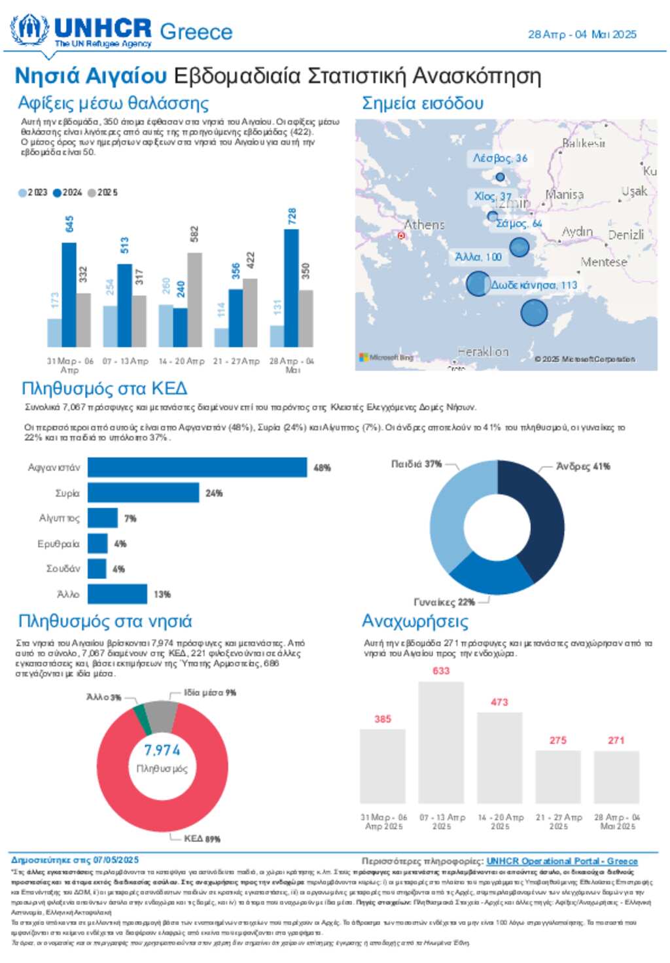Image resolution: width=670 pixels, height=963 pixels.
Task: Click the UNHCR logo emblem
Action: tap(29, 29)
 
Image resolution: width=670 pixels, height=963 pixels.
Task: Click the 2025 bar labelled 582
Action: tap(194, 300)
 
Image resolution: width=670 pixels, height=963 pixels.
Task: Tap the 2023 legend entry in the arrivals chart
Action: tap(33, 192)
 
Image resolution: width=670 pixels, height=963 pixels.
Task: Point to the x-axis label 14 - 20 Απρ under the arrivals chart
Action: tap(181, 361)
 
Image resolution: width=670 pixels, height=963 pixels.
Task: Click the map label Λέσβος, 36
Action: tap(500, 158)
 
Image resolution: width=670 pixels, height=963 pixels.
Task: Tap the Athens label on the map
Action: tap(424, 225)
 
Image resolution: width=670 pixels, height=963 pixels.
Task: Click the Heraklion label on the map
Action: tap(483, 352)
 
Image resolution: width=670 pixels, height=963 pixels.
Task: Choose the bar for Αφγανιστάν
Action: tap(197, 468)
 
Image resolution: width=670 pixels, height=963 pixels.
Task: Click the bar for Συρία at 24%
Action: tap(143, 493)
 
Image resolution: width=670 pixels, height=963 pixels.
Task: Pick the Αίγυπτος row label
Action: tap(60, 518)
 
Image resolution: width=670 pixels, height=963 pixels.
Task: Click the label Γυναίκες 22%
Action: tap(444, 602)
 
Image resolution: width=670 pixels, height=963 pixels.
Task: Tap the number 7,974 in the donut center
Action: tap(162, 750)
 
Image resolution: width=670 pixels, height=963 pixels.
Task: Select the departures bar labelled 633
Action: tap(441, 743)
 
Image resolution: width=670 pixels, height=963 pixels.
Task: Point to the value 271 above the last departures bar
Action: tap(616, 741)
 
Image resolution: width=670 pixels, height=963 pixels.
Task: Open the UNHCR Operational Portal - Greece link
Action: tap(561, 861)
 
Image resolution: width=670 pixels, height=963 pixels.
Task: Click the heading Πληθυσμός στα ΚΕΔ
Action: tap(105, 389)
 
